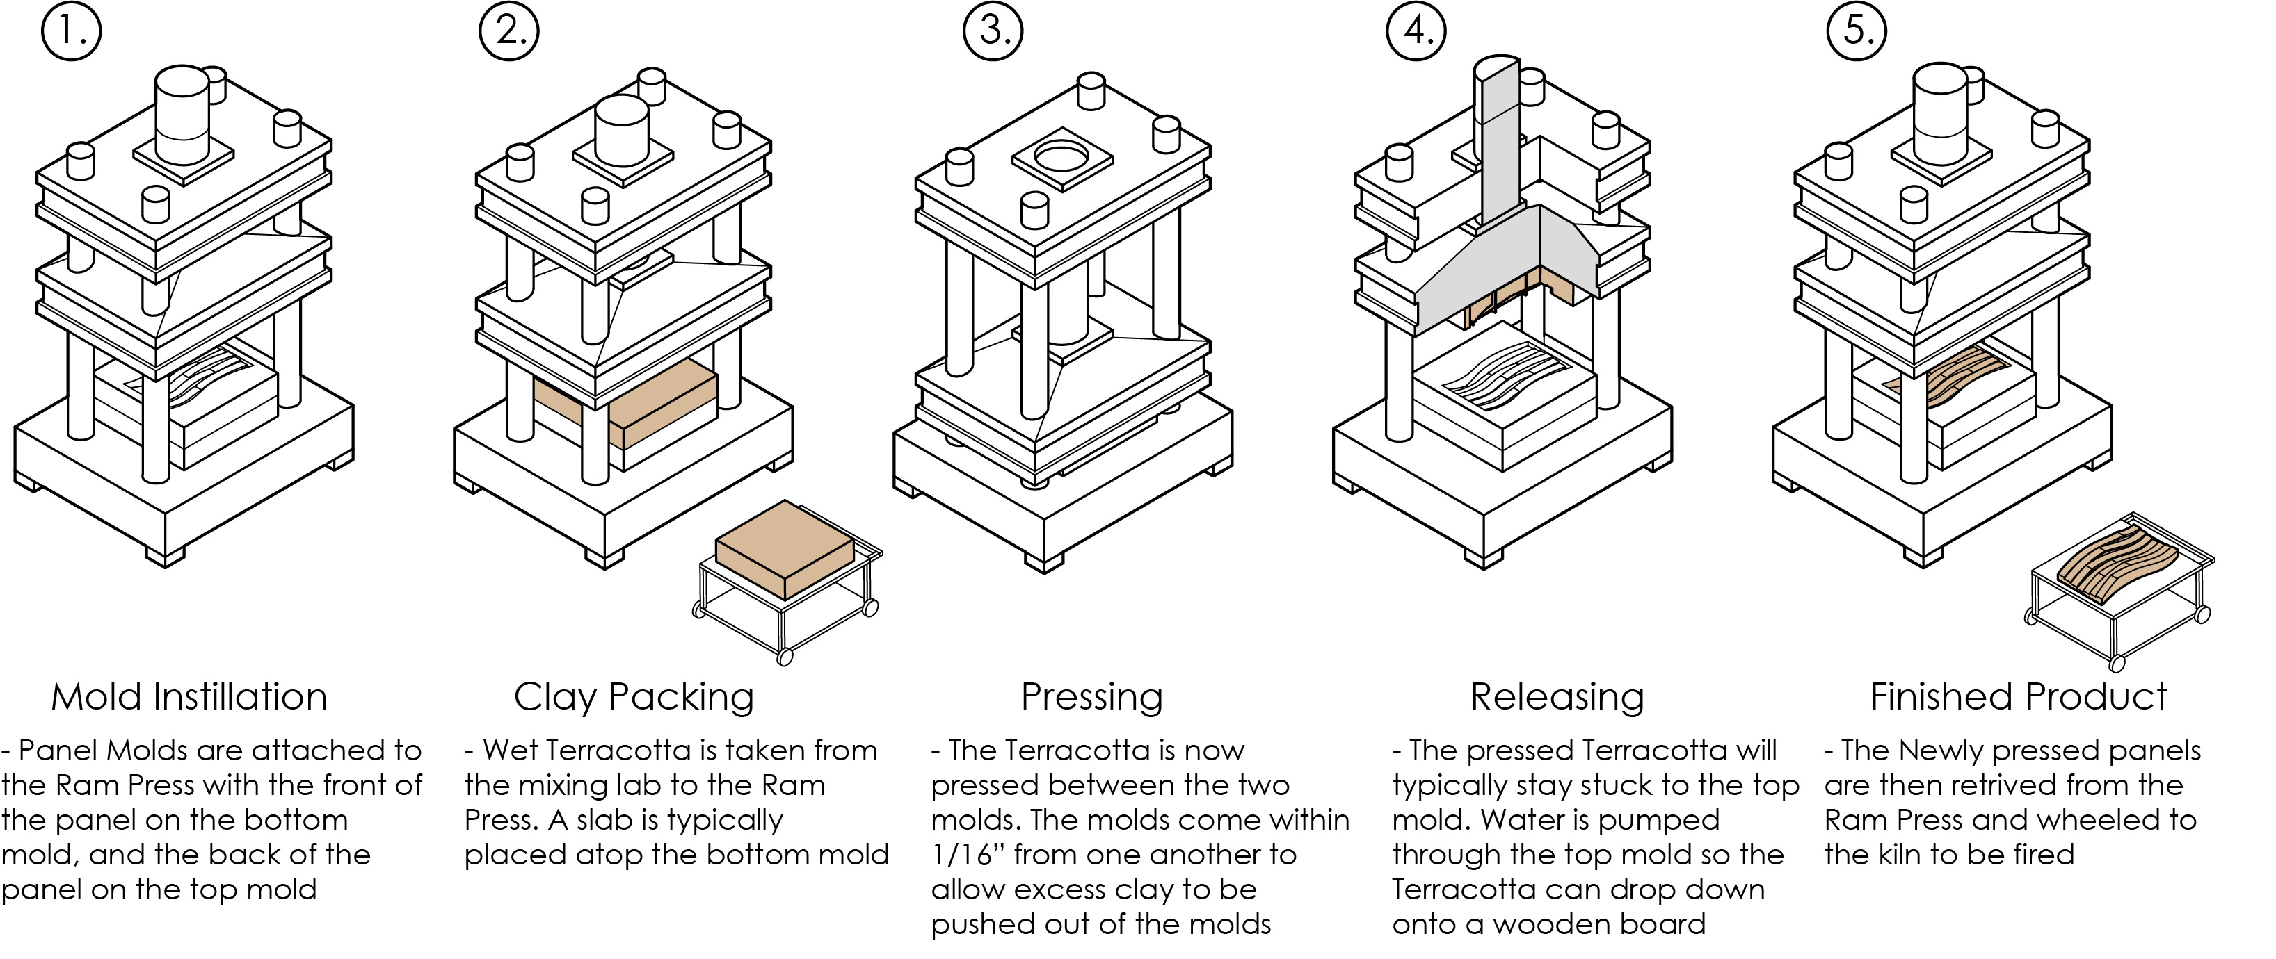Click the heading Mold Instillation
189,697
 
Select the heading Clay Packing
634,697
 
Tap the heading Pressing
1092,697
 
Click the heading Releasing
1557,697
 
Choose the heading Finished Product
2019,697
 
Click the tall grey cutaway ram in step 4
1496,146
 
